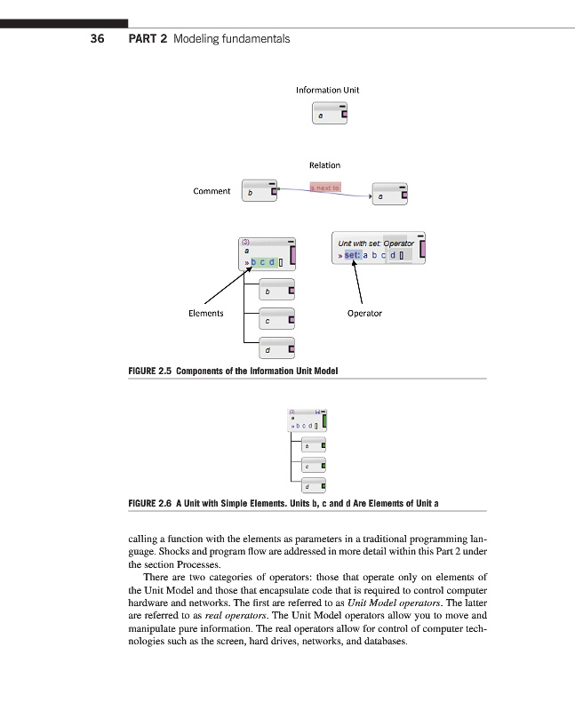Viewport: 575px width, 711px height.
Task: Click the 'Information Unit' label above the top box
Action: point(328,90)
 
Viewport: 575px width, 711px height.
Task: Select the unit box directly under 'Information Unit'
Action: point(330,114)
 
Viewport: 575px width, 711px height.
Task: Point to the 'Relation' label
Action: point(324,164)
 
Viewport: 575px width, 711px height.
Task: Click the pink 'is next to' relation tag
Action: point(324,188)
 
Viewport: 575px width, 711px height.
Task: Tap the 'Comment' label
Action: point(212,190)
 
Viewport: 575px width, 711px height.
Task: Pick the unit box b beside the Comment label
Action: point(259,191)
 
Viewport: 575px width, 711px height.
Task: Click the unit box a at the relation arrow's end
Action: point(389,195)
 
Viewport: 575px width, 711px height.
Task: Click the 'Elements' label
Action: point(206,313)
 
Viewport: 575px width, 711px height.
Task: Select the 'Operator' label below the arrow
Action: point(364,313)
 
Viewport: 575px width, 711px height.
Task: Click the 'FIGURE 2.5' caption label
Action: point(151,371)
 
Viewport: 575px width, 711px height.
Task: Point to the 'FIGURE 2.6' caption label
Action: point(151,503)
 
